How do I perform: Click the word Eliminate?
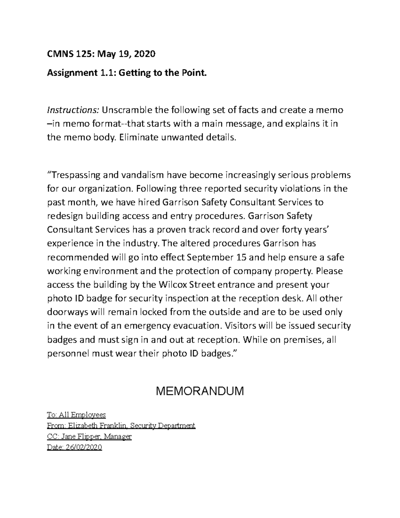tap(138, 137)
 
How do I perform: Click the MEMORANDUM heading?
tap(200, 391)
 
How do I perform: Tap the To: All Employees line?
tap(76, 415)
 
